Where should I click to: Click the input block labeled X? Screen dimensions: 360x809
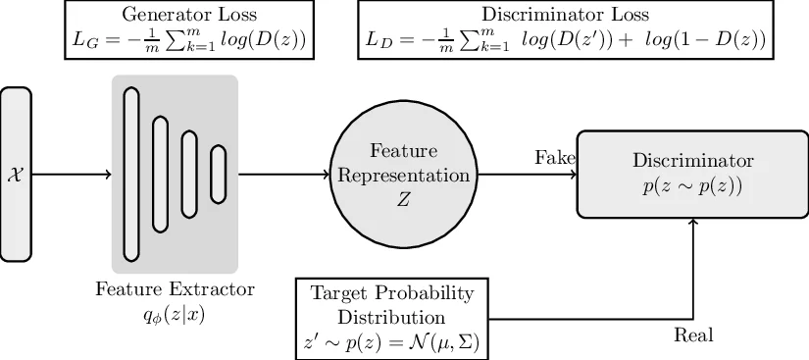coord(16,175)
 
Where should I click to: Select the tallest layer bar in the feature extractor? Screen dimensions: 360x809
coord(131,175)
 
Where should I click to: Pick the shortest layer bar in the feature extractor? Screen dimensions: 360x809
coord(218,175)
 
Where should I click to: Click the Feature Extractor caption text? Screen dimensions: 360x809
coord(175,290)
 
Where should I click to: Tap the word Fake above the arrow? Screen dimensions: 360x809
coord(554,158)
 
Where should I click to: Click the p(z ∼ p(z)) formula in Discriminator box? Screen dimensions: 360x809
coord(693,185)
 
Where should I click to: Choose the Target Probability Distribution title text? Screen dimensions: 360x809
coord(391,305)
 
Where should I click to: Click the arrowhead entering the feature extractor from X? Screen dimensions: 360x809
coord(107,175)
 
